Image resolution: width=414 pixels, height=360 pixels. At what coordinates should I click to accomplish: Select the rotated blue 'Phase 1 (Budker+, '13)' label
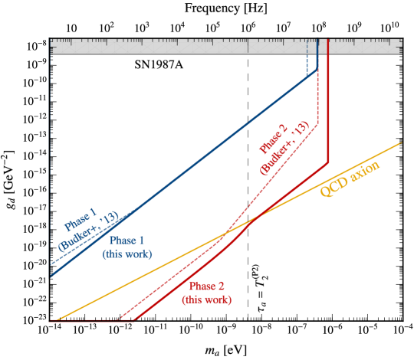click(x=88, y=229)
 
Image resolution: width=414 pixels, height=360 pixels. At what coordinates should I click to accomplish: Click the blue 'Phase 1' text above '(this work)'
click(x=127, y=241)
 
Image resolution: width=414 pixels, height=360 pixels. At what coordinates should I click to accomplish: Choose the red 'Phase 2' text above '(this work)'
click(x=206, y=286)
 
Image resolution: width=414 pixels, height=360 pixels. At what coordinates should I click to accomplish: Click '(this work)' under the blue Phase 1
click(x=127, y=254)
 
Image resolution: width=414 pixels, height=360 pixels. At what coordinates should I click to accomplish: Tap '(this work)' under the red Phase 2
click(x=206, y=299)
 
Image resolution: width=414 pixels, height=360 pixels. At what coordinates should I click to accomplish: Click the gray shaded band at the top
click(x=192, y=47)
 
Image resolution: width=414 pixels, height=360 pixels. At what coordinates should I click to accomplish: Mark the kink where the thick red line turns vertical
click(x=328, y=162)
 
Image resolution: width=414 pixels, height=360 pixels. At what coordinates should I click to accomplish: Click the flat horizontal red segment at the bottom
click(x=92, y=322)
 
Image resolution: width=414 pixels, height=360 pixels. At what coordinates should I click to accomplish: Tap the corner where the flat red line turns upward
click(x=135, y=322)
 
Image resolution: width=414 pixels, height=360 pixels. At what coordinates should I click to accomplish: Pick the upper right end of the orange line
click(x=402, y=142)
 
